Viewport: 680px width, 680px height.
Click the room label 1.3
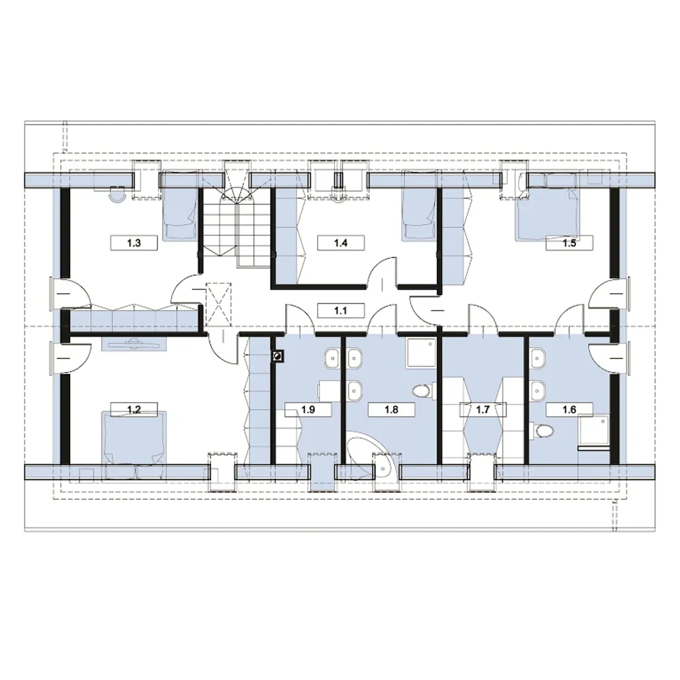coord(134,243)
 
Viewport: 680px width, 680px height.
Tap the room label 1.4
coord(341,243)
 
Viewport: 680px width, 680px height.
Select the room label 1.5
coord(569,243)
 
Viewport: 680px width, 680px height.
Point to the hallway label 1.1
coord(341,311)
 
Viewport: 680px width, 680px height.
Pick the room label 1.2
coord(134,410)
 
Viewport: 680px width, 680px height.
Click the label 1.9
coord(308,410)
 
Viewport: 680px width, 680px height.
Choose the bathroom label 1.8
coord(392,410)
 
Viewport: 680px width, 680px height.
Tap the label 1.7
coord(483,410)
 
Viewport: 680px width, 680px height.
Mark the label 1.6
coord(569,410)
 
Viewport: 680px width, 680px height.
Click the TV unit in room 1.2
coord(134,344)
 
